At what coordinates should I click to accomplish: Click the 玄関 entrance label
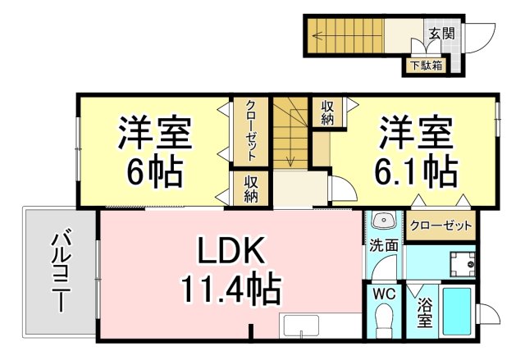441,33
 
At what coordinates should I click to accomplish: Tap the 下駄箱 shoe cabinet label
427,66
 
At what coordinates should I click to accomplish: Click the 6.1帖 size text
416,172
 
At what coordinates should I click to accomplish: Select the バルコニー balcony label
61,273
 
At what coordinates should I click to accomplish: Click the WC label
385,294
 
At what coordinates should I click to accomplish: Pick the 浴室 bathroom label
424,312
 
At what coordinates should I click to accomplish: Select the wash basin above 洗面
384,221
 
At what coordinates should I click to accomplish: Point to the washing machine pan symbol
463,263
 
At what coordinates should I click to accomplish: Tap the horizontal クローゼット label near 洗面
441,226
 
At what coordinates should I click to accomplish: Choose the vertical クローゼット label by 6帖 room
251,130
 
